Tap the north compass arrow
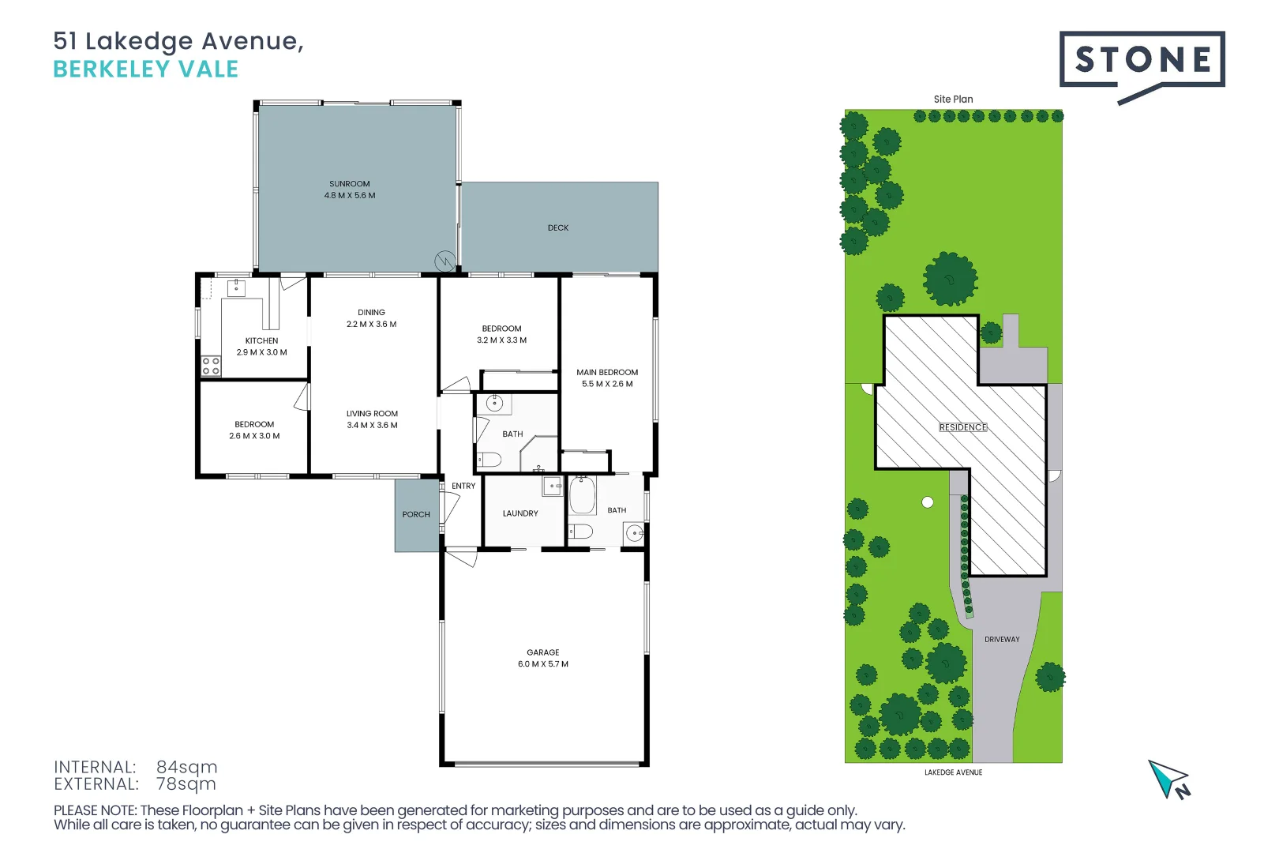click(1168, 780)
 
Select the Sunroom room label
click(350, 190)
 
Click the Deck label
click(558, 228)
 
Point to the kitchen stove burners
click(211, 366)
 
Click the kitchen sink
click(236, 288)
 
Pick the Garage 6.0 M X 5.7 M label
click(543, 658)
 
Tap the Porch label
click(415, 515)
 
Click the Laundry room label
click(520, 513)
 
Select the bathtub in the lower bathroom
click(583, 494)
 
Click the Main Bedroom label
click(607, 378)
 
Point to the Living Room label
click(373, 419)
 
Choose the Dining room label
click(371, 318)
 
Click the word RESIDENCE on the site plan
click(962, 427)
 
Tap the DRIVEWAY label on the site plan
click(1002, 639)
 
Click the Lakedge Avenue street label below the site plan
click(954, 772)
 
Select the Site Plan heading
click(954, 100)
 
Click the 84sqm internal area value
click(186, 767)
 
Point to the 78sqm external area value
click(186, 783)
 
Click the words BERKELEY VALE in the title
click(145, 70)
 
